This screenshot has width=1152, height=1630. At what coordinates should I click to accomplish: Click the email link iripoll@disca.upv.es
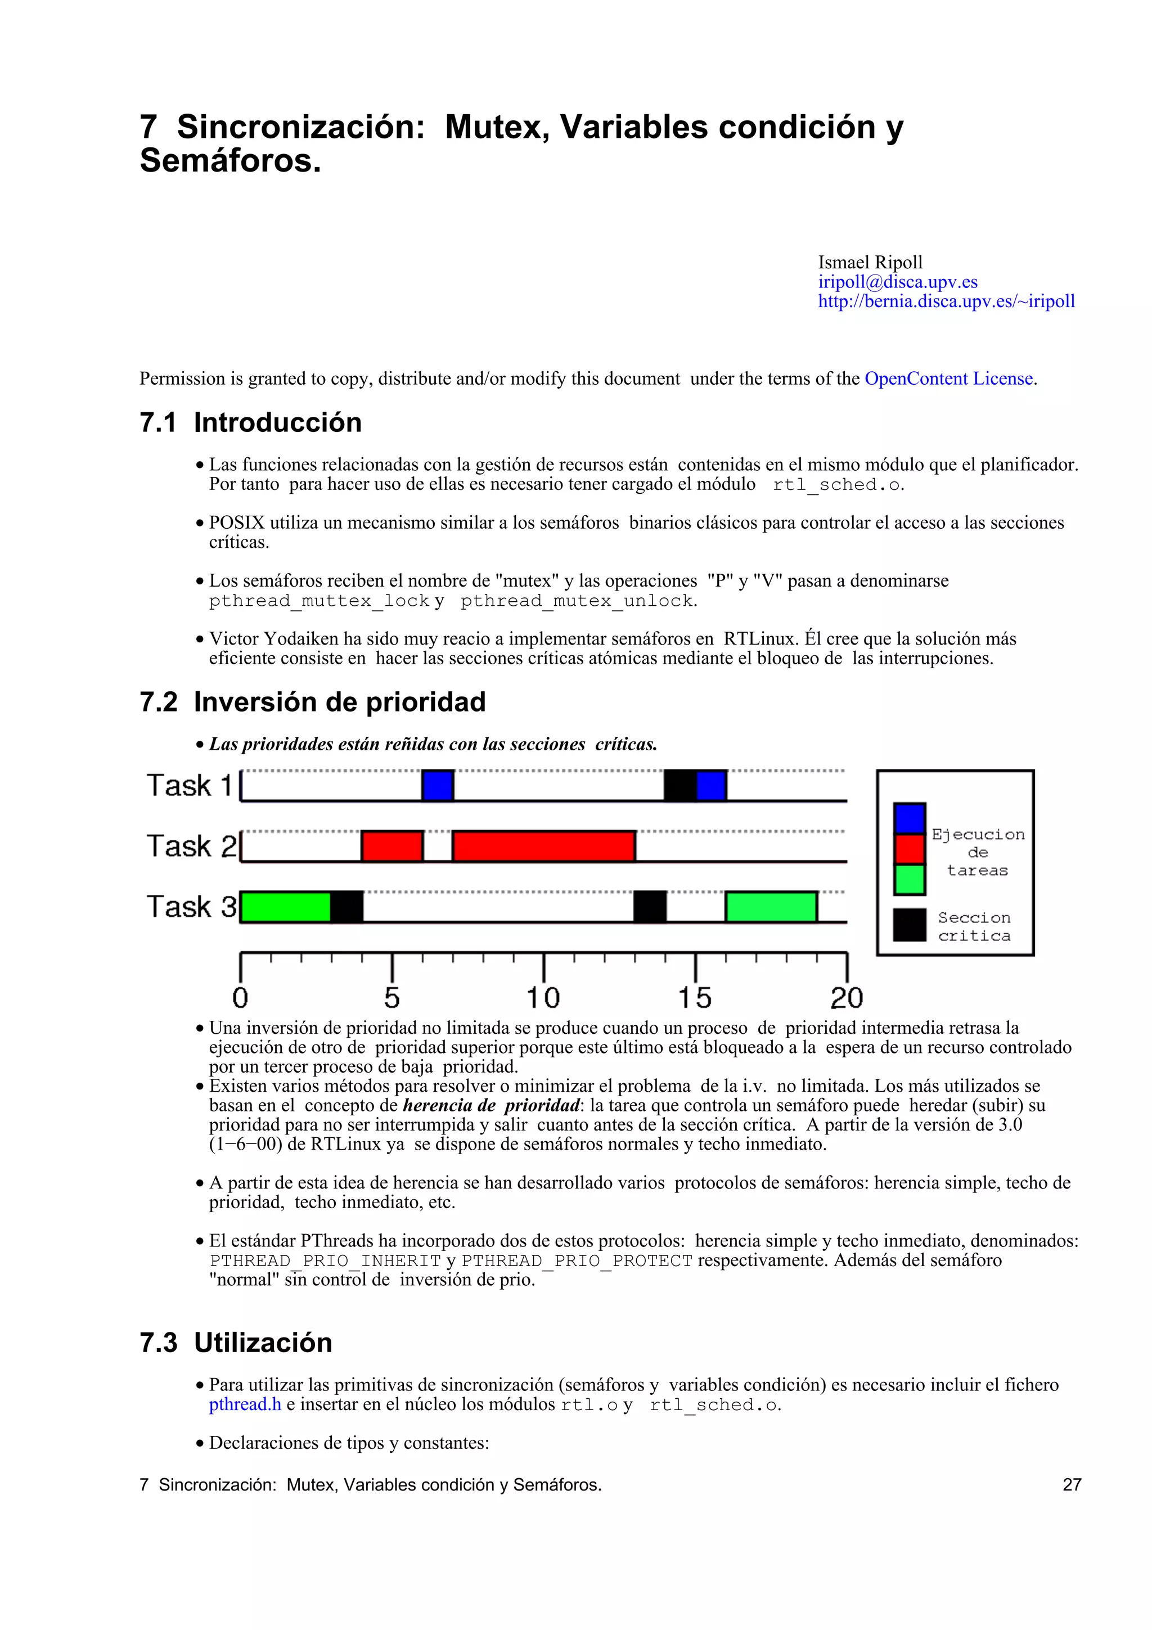[897, 282]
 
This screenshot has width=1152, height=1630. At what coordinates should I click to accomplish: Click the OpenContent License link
[948, 379]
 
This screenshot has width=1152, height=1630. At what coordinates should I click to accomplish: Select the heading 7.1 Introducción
[250, 422]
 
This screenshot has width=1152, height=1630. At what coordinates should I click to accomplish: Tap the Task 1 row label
[189, 785]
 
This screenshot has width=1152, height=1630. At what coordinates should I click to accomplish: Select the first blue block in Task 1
[437, 785]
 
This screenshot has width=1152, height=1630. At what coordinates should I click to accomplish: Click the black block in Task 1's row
[679, 785]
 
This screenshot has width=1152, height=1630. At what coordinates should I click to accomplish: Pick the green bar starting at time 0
[285, 907]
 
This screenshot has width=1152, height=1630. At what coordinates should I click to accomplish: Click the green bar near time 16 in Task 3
[771, 907]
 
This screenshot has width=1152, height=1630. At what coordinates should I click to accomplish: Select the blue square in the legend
[908, 818]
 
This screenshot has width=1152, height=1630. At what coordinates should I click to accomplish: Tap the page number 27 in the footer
[1071, 1484]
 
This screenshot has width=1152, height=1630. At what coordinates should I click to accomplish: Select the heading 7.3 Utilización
[236, 1343]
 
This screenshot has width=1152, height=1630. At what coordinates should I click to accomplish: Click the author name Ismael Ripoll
[870, 262]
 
